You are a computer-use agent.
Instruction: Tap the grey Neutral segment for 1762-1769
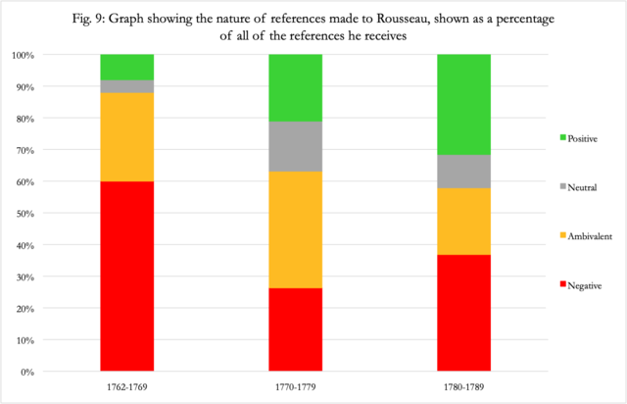[x=127, y=86]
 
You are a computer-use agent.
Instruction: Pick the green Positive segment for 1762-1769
[x=127, y=67]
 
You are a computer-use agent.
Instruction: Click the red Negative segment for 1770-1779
[x=296, y=329]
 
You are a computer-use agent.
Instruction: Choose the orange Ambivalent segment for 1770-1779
[x=296, y=229]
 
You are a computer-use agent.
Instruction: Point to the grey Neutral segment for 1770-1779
[x=296, y=146]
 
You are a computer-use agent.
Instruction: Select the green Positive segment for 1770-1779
[x=296, y=87]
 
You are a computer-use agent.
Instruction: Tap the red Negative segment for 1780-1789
[x=463, y=313]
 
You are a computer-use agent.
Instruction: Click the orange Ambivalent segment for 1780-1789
[x=463, y=221]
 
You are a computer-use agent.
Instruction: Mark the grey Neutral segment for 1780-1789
[x=463, y=171]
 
